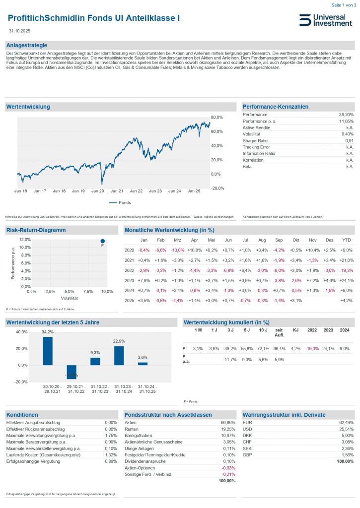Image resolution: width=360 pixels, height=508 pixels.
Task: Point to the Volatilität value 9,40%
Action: [346, 134]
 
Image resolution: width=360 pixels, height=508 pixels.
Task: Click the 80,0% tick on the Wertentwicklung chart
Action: [217, 118]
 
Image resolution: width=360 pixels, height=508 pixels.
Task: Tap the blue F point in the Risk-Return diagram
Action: [102, 241]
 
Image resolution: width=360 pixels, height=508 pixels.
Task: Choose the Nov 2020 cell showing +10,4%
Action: [312, 250]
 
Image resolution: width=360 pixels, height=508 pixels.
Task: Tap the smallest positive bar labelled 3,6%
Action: [143, 364]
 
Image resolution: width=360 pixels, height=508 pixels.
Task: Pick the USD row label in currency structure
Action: [247, 429]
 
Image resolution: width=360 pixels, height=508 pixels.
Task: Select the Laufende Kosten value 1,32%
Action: [111, 454]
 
